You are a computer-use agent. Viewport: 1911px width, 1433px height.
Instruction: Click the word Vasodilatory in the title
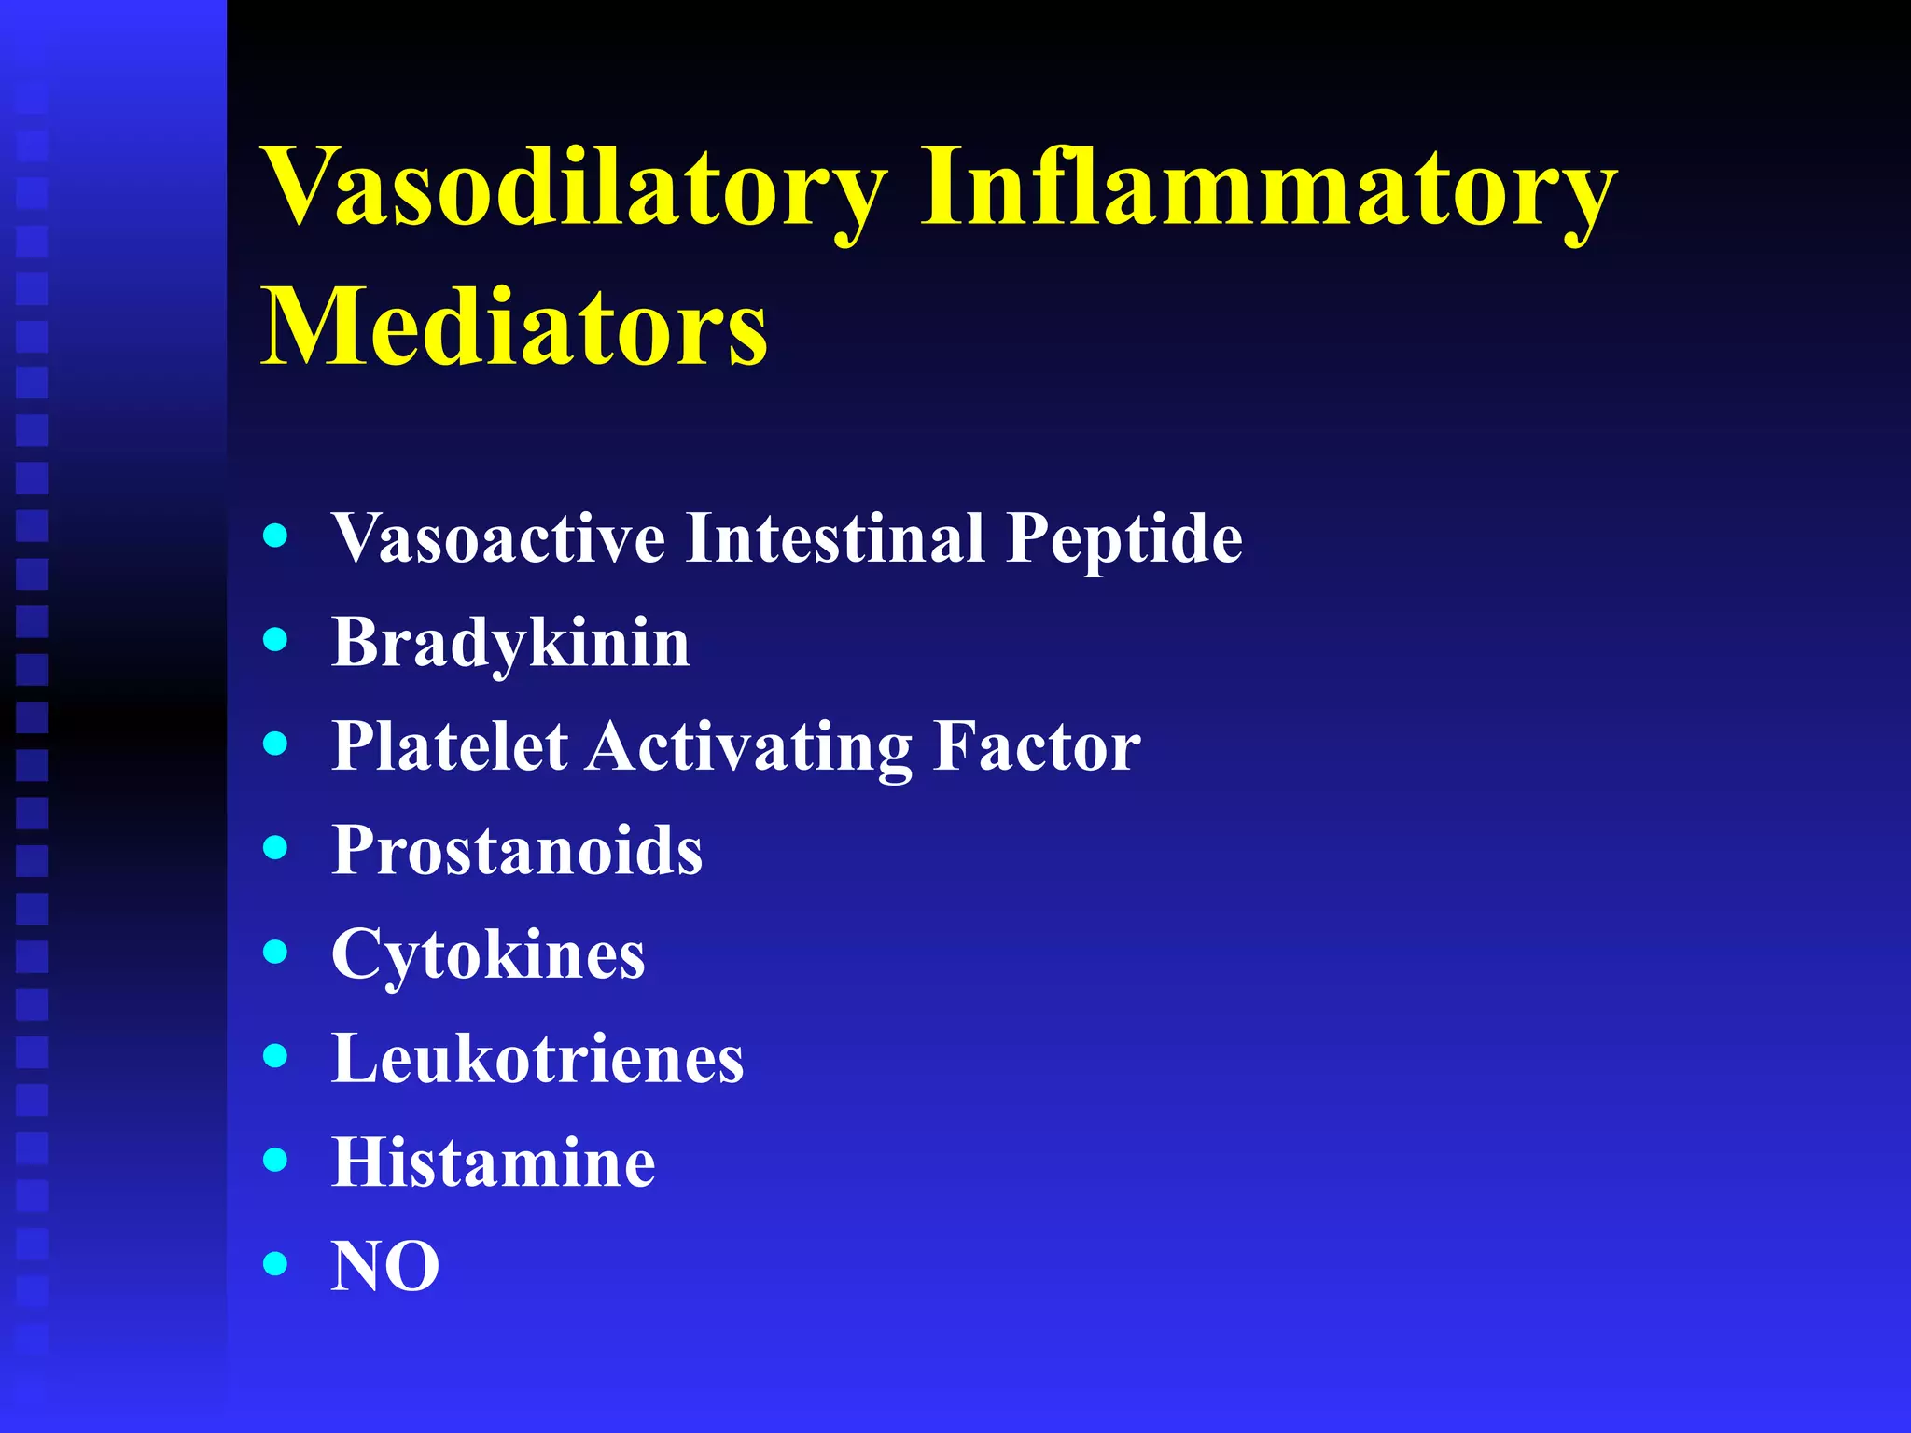tap(574, 189)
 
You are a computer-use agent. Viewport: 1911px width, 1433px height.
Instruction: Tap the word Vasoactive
tap(498, 539)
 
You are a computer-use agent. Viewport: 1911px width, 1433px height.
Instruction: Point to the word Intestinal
tap(835, 539)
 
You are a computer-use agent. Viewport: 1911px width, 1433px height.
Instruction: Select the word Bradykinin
tap(510, 644)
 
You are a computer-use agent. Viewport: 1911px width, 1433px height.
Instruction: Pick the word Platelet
tap(450, 746)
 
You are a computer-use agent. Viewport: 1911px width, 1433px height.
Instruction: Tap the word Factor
tap(1037, 746)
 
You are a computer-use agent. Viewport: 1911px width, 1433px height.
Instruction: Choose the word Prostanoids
tap(517, 851)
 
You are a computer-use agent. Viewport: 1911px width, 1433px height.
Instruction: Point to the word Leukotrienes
tap(537, 1059)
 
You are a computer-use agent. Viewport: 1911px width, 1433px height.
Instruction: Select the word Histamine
tap(494, 1163)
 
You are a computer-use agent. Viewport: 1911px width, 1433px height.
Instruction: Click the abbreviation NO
tap(385, 1267)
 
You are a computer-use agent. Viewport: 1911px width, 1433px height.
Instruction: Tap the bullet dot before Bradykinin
tap(275, 639)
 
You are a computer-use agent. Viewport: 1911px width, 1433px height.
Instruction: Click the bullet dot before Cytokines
tap(275, 952)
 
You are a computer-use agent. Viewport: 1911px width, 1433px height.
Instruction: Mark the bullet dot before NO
tap(275, 1264)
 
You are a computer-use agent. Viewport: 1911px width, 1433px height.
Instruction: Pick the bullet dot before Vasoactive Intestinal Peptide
tap(275, 536)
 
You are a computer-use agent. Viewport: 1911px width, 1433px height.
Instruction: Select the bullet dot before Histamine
tap(275, 1160)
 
